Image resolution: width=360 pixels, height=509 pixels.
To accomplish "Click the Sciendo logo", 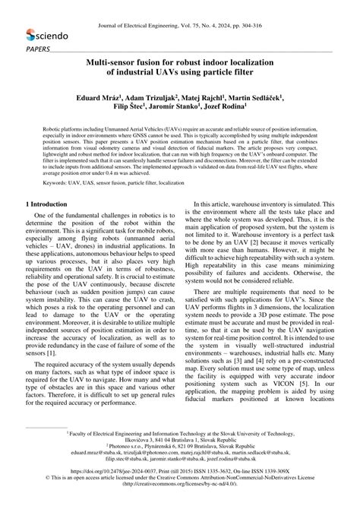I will pos(47,35).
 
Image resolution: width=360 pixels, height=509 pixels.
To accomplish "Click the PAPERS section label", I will pos(37,49).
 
